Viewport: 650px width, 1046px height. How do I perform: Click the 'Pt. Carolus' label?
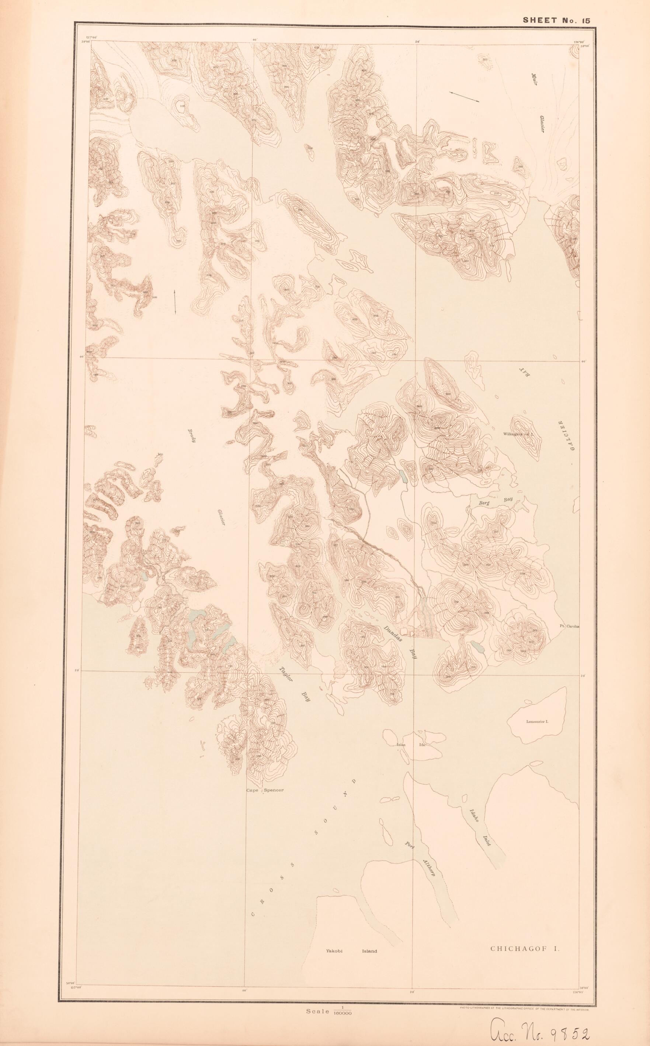pyautogui.click(x=570, y=626)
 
